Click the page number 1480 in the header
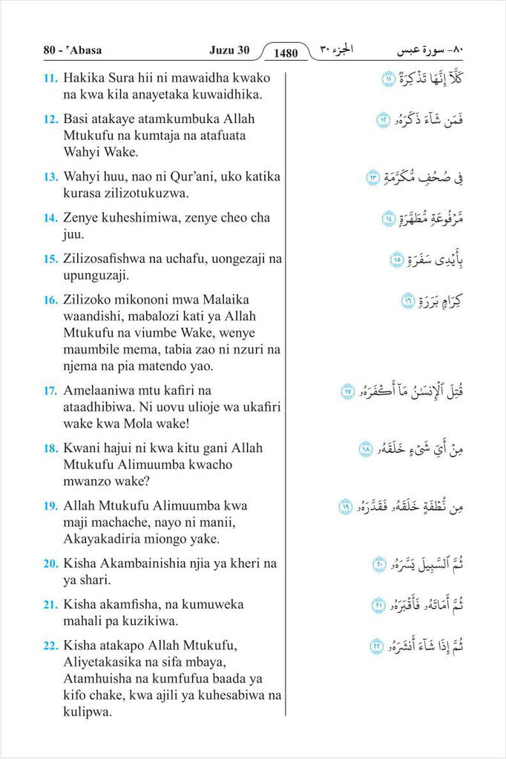coord(285,53)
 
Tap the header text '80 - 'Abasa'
coord(73,50)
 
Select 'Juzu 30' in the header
coord(229,50)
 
